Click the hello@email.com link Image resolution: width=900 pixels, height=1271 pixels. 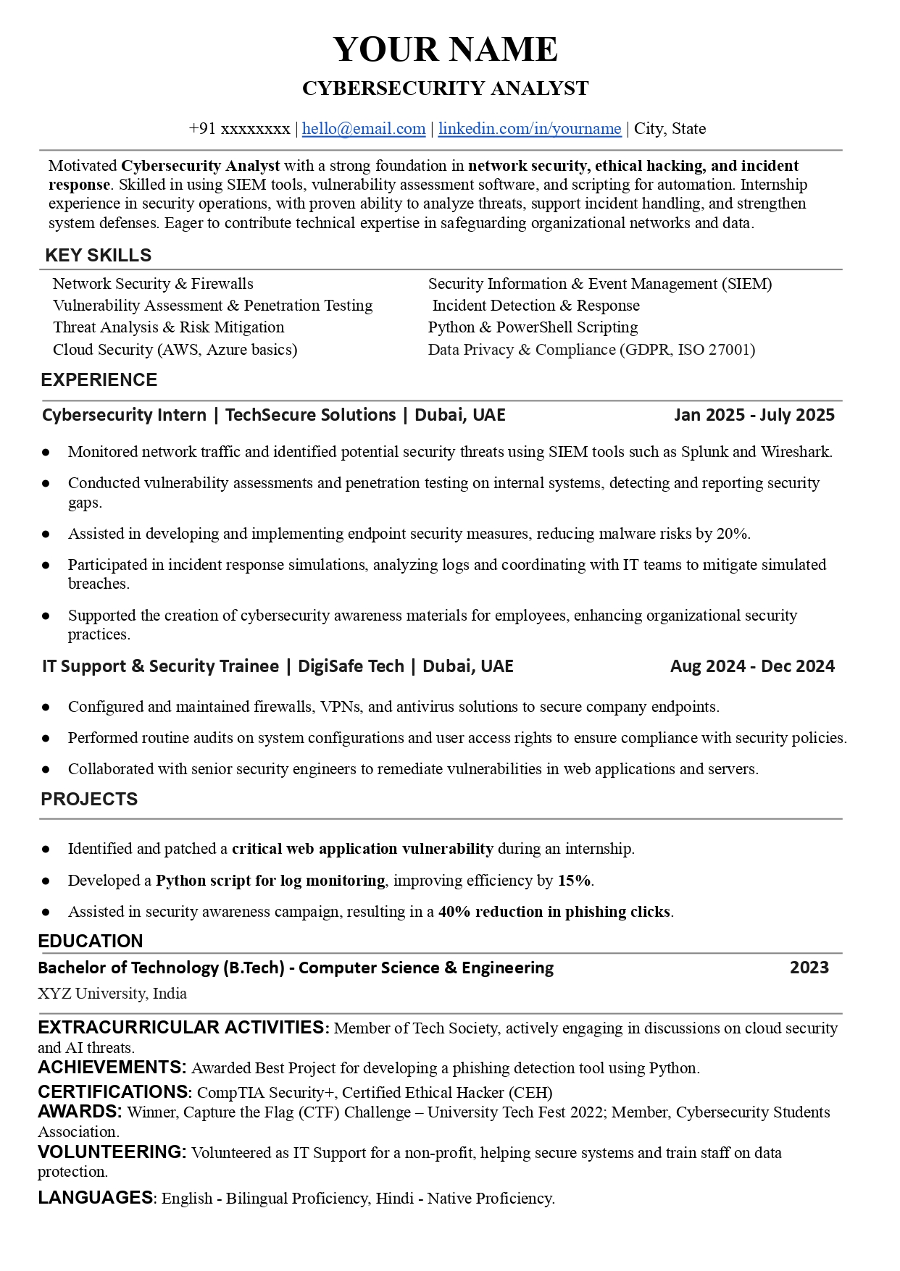[363, 129]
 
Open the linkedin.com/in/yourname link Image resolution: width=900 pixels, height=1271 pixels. [529, 129]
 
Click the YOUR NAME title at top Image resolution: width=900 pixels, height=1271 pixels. [445, 50]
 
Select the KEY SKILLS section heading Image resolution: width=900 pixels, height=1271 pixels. [98, 256]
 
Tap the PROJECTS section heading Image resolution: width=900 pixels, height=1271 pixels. [89, 800]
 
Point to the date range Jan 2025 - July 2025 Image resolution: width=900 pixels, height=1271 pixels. [754, 415]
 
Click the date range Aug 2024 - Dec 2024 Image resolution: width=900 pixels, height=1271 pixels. [752, 666]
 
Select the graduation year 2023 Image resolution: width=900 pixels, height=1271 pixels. [809, 968]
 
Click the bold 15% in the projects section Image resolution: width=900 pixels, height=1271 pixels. [574, 881]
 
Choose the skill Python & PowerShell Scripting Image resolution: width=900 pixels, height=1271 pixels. [533, 327]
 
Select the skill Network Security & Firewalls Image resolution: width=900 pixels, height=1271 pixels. [153, 284]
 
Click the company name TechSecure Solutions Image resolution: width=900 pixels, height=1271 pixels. [310, 415]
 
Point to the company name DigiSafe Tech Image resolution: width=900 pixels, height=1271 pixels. [351, 666]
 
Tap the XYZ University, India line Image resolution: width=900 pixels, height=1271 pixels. [112, 994]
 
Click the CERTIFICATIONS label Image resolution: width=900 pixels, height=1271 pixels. [114, 1092]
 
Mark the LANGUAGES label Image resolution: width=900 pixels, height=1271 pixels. [95, 1198]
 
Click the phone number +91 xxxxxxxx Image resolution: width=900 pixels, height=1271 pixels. [239, 129]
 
